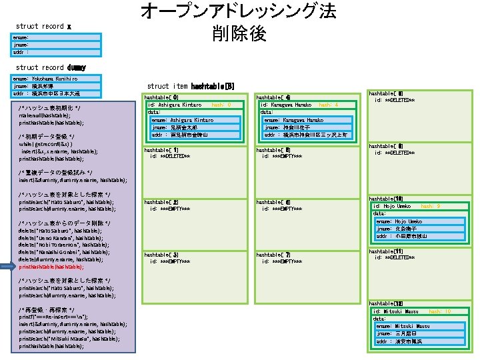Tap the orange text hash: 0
pos(221,105)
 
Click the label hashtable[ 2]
pos(161,201)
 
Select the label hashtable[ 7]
pos(273,255)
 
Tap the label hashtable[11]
pos(385,250)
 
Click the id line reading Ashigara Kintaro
pos(175,105)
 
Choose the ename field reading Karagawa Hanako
pos(289,120)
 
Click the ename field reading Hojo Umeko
pos(399,221)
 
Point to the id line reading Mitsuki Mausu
pos(396,311)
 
